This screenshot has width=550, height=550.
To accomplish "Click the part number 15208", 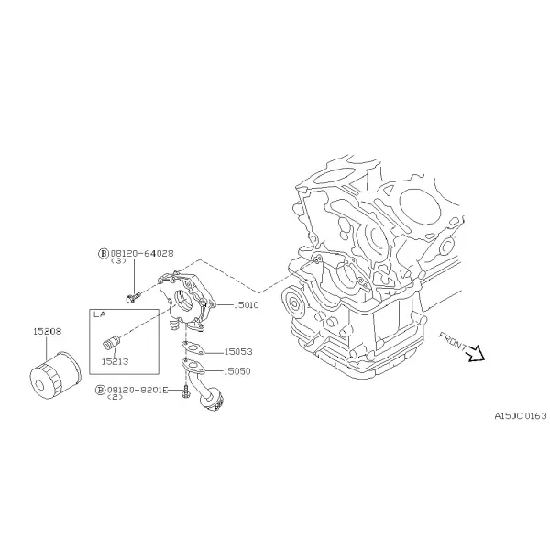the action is (x=48, y=331).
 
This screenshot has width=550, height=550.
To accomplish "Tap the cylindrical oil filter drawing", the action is (x=55, y=375).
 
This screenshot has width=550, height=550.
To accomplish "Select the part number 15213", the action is (x=115, y=361).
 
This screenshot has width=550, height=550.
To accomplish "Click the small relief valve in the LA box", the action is (x=112, y=342).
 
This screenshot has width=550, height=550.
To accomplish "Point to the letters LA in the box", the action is (x=100, y=314).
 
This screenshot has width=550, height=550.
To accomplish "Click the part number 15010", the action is (x=246, y=305).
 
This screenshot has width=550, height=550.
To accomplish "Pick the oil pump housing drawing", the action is (x=186, y=301).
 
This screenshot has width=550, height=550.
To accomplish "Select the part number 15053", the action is (x=238, y=351).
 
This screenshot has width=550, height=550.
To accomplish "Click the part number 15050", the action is (x=237, y=371).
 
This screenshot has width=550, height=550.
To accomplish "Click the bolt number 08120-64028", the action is (x=142, y=253).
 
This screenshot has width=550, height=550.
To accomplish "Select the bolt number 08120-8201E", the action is (x=137, y=390).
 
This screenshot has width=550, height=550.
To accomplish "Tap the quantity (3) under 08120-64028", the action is (x=118, y=261).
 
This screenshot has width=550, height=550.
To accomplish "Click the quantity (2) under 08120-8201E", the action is (x=115, y=397).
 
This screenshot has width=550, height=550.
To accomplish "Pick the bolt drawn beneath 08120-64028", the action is (x=133, y=298).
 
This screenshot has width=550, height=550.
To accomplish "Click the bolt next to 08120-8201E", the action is (x=185, y=391).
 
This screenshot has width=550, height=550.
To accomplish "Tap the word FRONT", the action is (x=453, y=341).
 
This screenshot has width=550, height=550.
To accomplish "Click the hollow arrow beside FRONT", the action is (x=476, y=354).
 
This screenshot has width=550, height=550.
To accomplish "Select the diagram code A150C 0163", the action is (x=520, y=416).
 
